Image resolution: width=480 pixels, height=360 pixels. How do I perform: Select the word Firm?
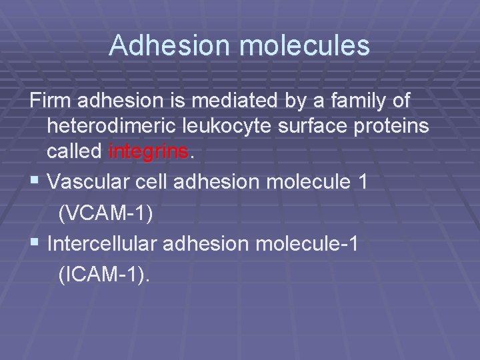[50, 102]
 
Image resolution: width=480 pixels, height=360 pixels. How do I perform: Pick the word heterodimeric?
[109, 127]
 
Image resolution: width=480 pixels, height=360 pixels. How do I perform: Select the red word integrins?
[149, 151]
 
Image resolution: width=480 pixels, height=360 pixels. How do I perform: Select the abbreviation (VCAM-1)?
[105, 213]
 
